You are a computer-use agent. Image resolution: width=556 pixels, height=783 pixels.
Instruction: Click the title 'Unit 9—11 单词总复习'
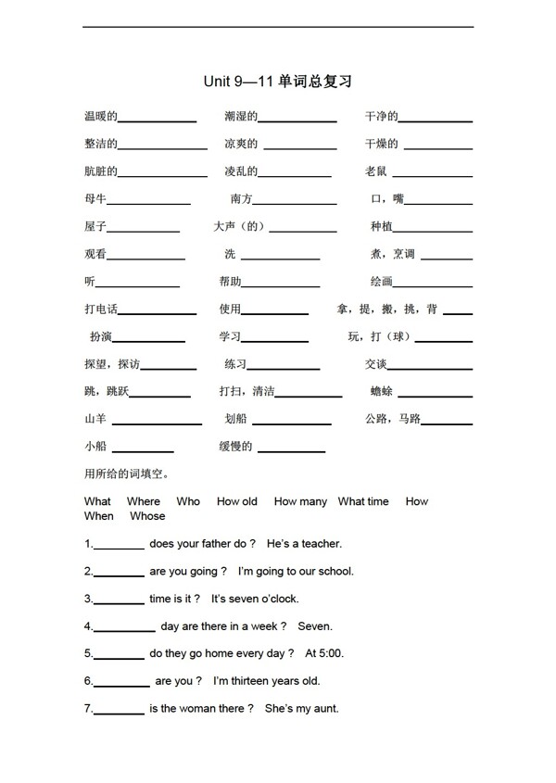tap(277, 82)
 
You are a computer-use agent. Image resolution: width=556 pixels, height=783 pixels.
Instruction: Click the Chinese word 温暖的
tap(100, 117)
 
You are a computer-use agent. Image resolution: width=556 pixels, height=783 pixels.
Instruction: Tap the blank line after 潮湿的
tap(297, 120)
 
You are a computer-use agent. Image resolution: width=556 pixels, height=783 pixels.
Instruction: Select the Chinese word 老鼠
tap(376, 171)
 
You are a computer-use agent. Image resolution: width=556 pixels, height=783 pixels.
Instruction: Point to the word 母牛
tap(95, 199)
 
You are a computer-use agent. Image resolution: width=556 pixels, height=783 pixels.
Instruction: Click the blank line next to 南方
tap(295, 203)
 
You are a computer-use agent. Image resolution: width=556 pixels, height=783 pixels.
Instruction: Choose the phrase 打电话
tap(100, 309)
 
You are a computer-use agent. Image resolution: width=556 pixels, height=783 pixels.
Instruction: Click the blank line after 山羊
tap(157, 423)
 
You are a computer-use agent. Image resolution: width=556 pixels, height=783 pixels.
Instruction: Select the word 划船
tap(236, 419)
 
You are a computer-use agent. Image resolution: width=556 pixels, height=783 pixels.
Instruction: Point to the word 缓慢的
tap(235, 447)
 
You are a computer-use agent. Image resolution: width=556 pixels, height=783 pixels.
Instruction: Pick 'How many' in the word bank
tap(300, 501)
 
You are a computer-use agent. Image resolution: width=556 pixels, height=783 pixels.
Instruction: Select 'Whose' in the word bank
tap(147, 516)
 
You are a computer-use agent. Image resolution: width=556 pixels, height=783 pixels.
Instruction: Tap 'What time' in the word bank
tap(363, 501)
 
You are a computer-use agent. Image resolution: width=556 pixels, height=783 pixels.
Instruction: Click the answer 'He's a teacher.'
tap(304, 544)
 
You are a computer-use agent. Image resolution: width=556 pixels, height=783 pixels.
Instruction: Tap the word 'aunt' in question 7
tap(325, 709)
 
